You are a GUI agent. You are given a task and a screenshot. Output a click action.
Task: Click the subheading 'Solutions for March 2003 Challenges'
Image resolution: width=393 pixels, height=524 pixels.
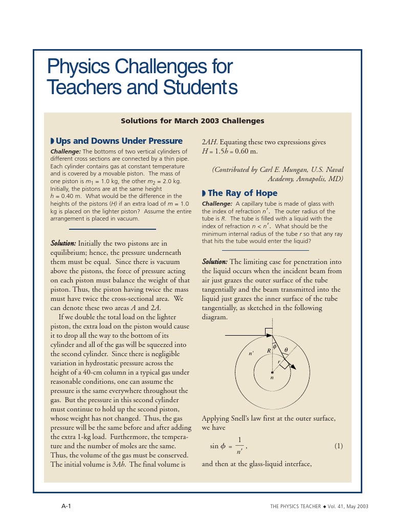(x=192, y=121)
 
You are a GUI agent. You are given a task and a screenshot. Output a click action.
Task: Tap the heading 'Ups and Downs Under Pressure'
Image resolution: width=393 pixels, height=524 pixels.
(x=119, y=141)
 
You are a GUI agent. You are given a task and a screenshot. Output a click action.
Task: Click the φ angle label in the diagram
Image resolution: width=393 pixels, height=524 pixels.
(x=274, y=346)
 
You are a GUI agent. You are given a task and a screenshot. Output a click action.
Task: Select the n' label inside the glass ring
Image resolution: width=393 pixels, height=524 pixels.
(x=251, y=353)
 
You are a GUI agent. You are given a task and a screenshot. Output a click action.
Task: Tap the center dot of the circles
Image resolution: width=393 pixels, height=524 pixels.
(x=272, y=372)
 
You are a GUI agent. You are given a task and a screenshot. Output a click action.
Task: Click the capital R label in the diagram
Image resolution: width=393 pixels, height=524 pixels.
(x=268, y=351)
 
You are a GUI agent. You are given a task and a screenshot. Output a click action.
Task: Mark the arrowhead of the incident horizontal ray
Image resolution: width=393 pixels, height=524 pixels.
(x=269, y=334)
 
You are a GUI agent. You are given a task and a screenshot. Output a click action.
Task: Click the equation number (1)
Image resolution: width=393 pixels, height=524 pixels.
(x=338, y=446)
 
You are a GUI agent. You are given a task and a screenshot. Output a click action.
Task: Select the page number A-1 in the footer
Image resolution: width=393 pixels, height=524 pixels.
(x=66, y=506)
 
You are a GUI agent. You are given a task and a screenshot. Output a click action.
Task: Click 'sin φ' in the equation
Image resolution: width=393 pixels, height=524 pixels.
(x=217, y=446)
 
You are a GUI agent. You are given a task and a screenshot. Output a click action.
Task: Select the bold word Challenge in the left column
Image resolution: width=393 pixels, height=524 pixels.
(x=65, y=152)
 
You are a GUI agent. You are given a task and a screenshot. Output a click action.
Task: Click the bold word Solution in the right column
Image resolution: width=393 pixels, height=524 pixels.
(x=215, y=261)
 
